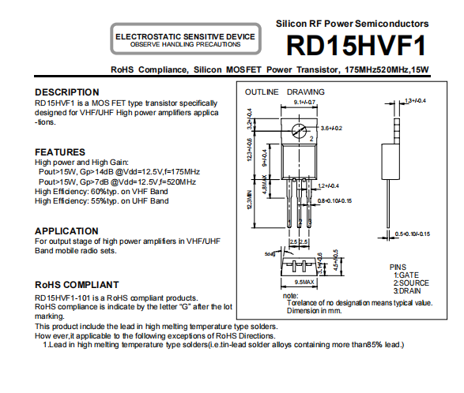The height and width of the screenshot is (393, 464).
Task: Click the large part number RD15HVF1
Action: (x=356, y=46)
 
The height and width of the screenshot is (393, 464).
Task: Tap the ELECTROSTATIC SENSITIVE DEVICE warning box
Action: (x=186, y=39)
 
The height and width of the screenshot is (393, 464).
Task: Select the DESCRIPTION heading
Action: (x=67, y=92)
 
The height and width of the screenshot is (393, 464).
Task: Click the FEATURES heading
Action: (x=60, y=152)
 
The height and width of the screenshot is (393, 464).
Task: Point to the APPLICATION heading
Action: (x=66, y=231)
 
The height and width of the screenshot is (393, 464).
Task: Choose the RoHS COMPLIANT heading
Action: (x=77, y=285)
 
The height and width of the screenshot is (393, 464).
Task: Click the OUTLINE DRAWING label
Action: (x=285, y=92)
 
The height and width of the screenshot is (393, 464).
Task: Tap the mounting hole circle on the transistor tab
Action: (x=299, y=131)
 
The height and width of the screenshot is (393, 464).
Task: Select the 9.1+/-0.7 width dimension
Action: (x=304, y=103)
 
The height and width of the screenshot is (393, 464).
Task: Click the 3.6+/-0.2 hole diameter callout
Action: (x=331, y=129)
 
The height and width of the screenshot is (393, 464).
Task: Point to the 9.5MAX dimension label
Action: (x=304, y=283)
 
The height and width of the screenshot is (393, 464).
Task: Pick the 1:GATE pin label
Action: (x=406, y=275)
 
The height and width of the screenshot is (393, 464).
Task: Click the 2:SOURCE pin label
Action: (x=411, y=283)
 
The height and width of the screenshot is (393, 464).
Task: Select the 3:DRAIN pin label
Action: (x=407, y=291)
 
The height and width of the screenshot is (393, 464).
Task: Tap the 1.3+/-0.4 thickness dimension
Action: (x=416, y=101)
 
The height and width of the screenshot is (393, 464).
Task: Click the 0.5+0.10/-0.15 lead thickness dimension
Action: (x=413, y=234)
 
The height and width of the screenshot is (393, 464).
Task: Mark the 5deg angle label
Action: (x=270, y=254)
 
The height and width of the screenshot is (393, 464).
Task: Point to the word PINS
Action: (x=398, y=267)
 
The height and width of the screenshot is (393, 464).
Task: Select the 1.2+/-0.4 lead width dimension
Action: (x=328, y=186)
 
